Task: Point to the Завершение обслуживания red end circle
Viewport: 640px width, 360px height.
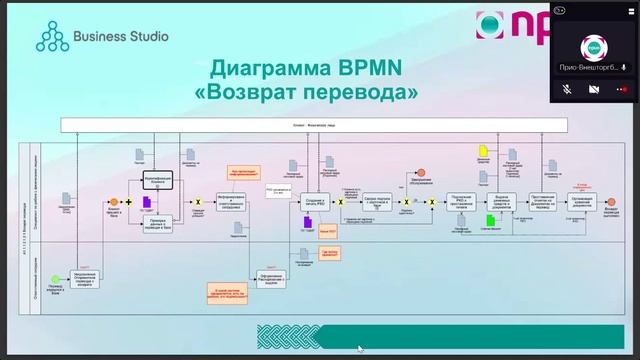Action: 422,173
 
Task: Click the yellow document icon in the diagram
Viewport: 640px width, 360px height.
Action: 482,151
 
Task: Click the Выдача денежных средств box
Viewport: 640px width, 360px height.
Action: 504,202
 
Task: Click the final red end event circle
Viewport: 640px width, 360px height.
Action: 610,202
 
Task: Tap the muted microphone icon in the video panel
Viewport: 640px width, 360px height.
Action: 566,89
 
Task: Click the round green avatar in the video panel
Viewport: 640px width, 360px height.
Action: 594,47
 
